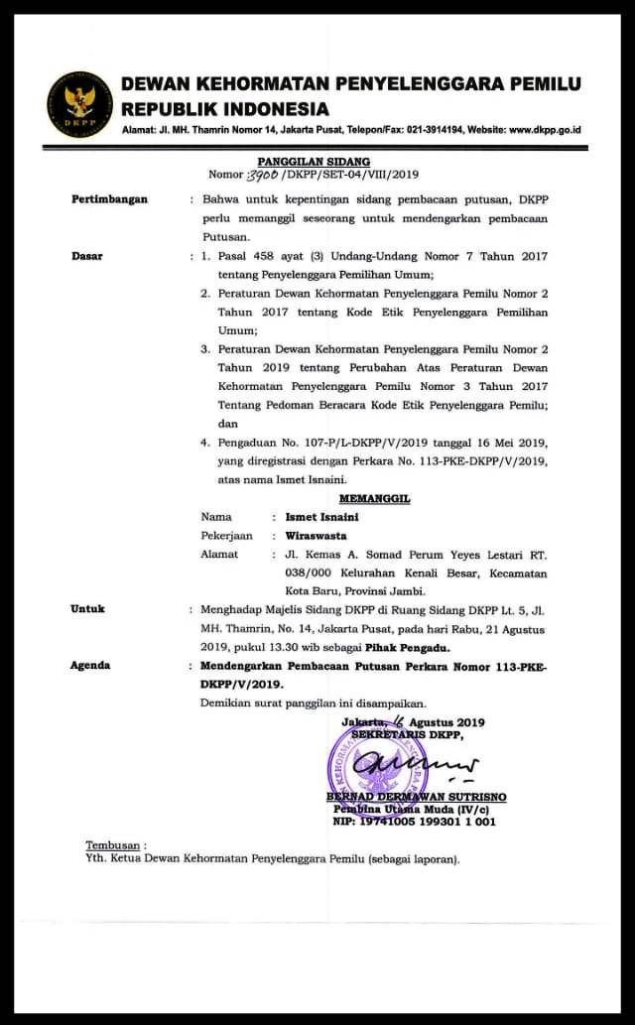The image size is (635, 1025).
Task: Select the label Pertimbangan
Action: [x=109, y=199]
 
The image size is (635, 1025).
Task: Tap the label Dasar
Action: [x=87, y=256]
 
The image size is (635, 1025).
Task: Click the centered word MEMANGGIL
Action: [x=374, y=499]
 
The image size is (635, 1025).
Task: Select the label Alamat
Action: [x=219, y=555]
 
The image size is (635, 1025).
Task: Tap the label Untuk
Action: [x=87, y=609]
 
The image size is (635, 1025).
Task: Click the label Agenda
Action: [x=90, y=666]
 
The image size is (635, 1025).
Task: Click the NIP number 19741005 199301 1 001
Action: [x=429, y=822]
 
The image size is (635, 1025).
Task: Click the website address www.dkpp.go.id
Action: [x=545, y=130]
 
